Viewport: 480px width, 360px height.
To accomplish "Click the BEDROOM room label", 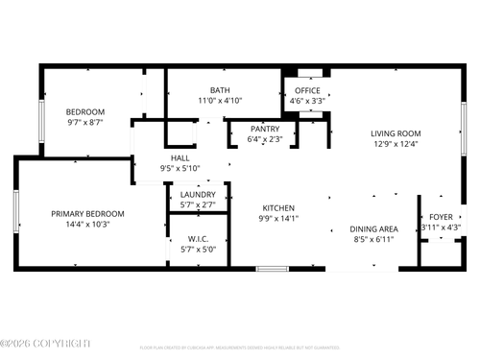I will (x=85, y=112).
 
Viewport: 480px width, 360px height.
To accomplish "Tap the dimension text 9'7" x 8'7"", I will (x=85, y=123).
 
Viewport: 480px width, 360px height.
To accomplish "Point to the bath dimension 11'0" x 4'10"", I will (x=220, y=101).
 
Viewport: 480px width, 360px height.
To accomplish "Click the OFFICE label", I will (x=306, y=90).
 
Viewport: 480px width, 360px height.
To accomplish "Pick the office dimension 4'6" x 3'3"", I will (x=306, y=101).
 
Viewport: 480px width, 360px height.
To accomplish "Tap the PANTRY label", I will (x=264, y=129).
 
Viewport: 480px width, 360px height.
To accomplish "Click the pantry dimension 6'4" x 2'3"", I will (x=264, y=139).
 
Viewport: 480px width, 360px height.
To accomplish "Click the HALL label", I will (x=180, y=157).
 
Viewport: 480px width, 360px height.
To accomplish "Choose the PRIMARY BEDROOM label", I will (x=88, y=213).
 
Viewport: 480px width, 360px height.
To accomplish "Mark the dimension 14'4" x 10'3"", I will (x=88, y=224).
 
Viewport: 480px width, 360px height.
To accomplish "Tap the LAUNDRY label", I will (x=199, y=195).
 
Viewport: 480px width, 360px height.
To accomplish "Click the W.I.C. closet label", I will (x=199, y=238).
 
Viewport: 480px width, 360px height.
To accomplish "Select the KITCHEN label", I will (x=278, y=207).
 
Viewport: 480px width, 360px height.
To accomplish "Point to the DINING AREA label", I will (x=374, y=228).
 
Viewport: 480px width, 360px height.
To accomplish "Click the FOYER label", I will (x=441, y=217).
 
